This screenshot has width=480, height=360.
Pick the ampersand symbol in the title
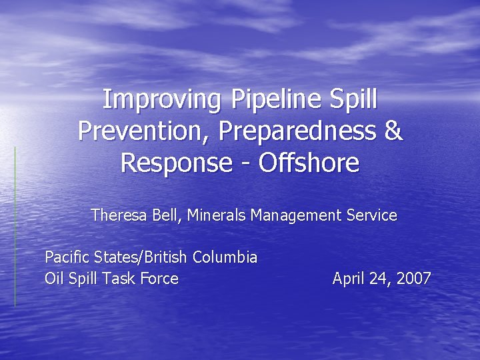pos(393,131)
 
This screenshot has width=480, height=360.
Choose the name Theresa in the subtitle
pos(115,215)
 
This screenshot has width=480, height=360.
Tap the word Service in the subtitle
pos(372,215)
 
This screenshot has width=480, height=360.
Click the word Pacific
pos(65,257)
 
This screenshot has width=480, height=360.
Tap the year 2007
pos(413,279)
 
